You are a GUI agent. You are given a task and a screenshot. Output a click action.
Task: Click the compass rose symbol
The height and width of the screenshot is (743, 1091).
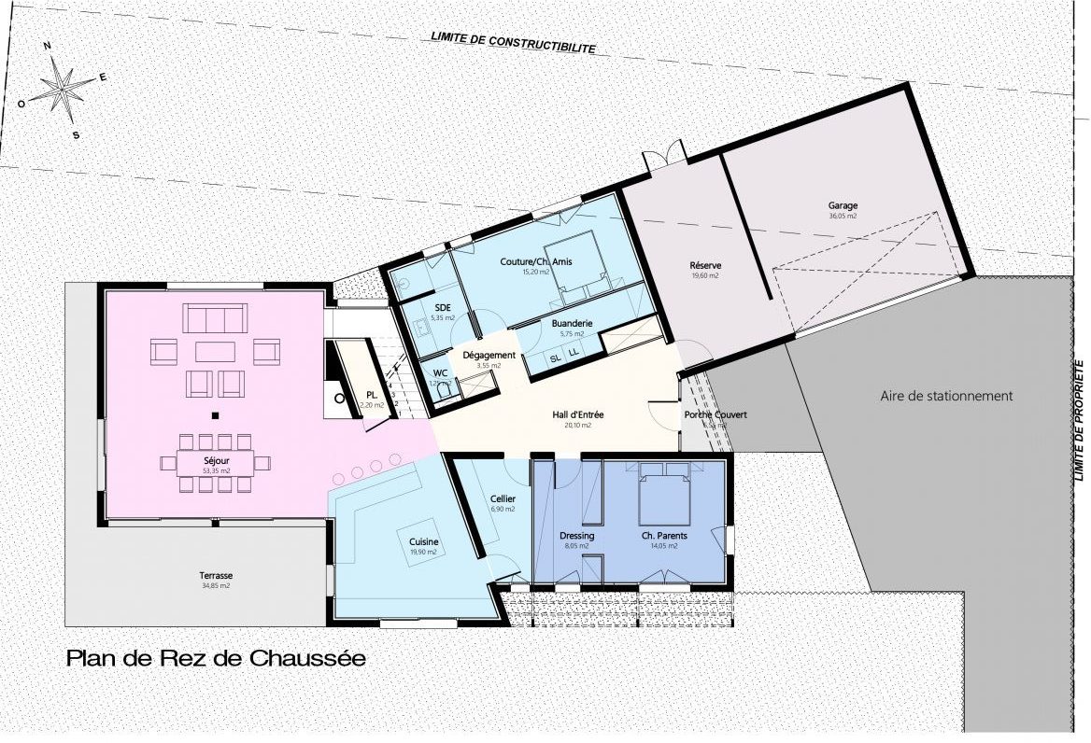pos(62,90)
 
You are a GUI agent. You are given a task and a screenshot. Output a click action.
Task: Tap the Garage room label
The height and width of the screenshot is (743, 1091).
pos(842,206)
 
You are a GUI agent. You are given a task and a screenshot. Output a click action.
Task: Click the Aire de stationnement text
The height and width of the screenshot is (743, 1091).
pos(946,396)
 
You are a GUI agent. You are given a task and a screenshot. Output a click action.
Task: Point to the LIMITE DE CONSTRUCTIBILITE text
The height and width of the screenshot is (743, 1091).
pos(512,42)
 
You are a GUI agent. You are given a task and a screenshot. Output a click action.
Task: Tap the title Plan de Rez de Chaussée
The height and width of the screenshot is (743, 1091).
pos(216,659)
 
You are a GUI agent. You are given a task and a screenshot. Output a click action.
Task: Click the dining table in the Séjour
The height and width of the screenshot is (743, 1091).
pos(216,460)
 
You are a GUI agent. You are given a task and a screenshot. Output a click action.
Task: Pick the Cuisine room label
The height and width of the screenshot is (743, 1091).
pos(423,542)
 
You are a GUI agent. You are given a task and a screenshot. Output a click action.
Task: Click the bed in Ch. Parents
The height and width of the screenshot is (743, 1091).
pos(664,498)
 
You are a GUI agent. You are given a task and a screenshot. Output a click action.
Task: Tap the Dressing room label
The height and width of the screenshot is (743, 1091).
pos(576,537)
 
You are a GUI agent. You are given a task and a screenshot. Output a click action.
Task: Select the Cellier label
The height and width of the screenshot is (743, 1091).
pos(503,499)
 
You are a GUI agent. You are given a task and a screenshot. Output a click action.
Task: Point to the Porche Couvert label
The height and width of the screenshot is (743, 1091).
pos(715,415)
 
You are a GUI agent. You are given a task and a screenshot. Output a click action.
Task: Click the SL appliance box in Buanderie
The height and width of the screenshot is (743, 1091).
pos(555,358)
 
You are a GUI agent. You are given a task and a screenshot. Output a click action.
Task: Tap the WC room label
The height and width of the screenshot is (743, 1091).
pos(440,373)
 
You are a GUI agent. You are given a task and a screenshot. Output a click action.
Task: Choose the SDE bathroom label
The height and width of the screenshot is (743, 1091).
pos(443,307)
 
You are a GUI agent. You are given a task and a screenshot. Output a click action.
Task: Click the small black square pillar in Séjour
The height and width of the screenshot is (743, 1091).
pos(215,415)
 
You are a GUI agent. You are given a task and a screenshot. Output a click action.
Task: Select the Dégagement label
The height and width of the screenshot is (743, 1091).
pos(489,356)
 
